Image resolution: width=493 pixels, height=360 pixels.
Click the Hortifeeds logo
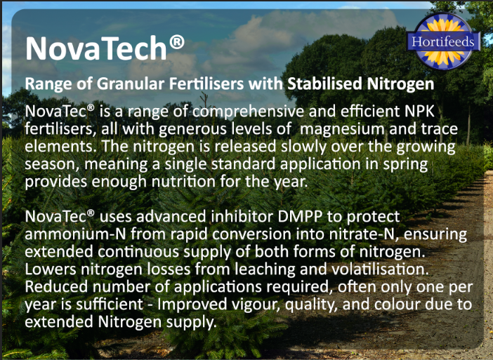tap(445, 41)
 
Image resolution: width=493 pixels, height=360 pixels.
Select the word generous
tap(169, 131)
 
